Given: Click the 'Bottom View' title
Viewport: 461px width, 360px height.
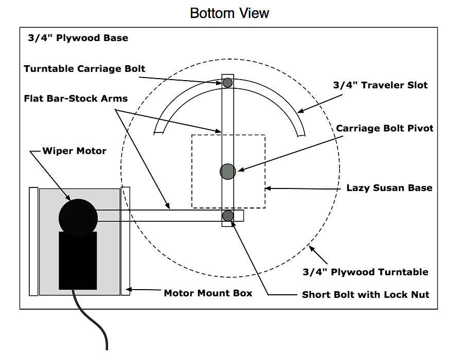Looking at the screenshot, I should [x=229, y=13].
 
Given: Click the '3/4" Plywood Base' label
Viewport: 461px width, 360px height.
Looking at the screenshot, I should [x=78, y=38].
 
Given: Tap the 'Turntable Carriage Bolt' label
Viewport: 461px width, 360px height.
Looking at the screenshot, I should [x=84, y=68].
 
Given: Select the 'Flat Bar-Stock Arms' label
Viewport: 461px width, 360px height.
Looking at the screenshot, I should [x=76, y=98].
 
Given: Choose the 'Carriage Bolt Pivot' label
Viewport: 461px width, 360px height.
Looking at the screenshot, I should [x=385, y=128].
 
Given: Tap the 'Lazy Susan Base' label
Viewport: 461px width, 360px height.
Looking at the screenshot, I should [x=389, y=188].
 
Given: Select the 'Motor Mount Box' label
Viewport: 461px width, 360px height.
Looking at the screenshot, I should [x=208, y=293].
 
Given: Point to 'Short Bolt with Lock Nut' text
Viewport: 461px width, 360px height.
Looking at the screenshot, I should [x=365, y=295].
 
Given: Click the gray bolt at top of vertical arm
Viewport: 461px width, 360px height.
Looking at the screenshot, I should [x=227, y=82].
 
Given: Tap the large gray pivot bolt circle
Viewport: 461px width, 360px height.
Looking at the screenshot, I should [x=227, y=172].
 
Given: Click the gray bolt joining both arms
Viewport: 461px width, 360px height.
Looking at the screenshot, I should [x=227, y=216].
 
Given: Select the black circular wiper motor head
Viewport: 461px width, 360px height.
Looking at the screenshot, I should [x=78, y=218].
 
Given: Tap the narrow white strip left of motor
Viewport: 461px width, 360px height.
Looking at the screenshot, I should [x=33, y=241].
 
